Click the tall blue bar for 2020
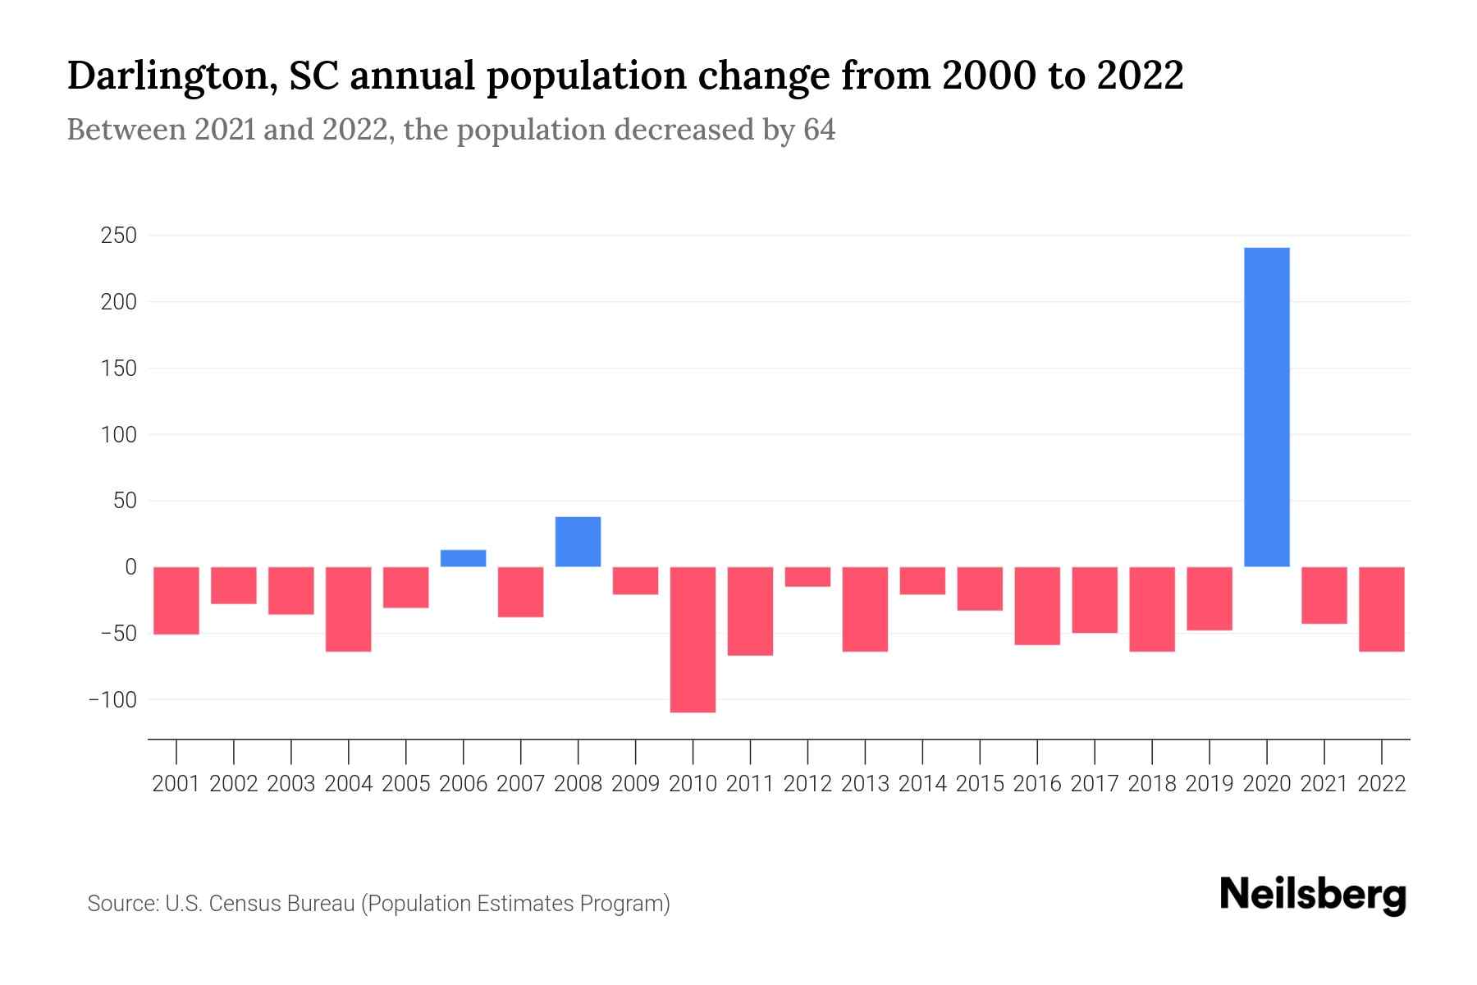[x=1266, y=407]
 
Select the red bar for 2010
[x=693, y=639]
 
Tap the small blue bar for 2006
[x=463, y=558]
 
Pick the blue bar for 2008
[x=578, y=542]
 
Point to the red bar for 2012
[x=807, y=576]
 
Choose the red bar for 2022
[x=1382, y=609]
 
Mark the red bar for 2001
[x=176, y=600]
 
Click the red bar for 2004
[x=349, y=609]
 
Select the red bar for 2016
[x=1037, y=606]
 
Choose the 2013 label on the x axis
[x=865, y=784]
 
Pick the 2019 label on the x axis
[x=1209, y=784]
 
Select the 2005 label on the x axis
[x=406, y=784]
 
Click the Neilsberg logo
[x=1313, y=896]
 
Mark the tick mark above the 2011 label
[x=750, y=751]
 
